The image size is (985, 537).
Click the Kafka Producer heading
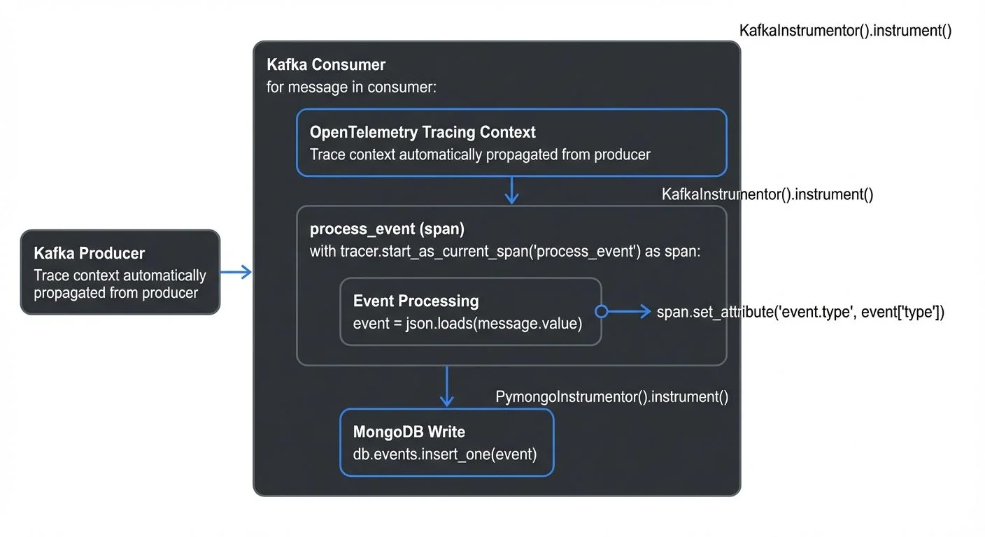(x=90, y=253)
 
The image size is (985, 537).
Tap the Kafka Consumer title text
(x=326, y=65)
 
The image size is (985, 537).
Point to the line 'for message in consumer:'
(x=352, y=87)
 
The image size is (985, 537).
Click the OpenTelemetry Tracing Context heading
(x=423, y=132)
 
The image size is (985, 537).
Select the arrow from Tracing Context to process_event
(x=512, y=190)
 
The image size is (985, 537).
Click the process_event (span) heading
(x=387, y=229)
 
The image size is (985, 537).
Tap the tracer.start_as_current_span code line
(x=504, y=252)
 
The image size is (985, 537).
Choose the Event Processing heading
(x=416, y=301)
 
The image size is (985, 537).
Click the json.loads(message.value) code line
(x=467, y=323)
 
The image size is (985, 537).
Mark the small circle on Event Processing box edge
(x=600, y=312)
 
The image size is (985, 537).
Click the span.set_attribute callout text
(x=800, y=313)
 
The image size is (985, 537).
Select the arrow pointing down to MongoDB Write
(x=446, y=387)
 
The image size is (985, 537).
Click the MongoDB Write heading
(x=409, y=432)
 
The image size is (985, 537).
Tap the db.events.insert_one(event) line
(x=445, y=454)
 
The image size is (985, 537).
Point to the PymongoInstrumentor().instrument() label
(x=612, y=397)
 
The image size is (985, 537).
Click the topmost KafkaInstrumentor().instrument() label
(x=845, y=31)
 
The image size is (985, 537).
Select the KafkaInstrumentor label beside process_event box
(x=767, y=194)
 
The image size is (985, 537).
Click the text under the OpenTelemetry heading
(x=480, y=155)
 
